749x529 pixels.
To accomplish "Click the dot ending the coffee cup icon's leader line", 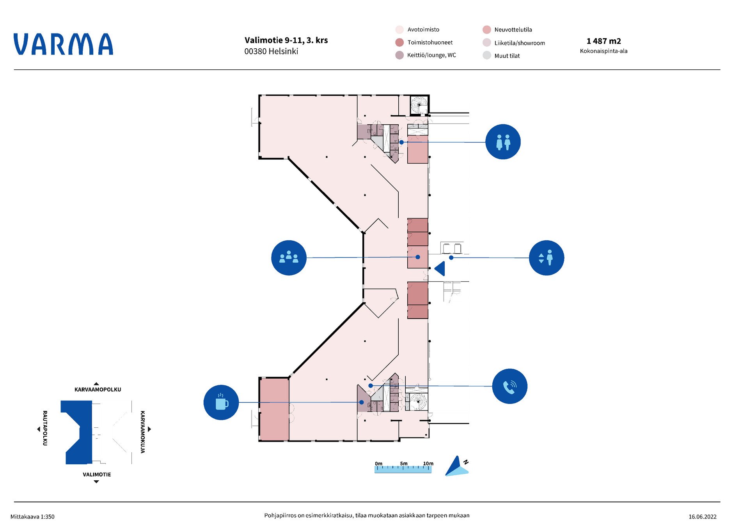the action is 362,402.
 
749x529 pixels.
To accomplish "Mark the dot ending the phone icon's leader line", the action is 371,386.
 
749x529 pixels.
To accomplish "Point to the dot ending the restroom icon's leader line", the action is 401,142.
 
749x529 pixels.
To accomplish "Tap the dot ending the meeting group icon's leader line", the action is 418,257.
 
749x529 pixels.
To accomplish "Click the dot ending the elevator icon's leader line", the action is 451,257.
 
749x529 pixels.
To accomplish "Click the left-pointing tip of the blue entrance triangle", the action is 435,269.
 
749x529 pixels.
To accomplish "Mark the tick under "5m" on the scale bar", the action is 403,468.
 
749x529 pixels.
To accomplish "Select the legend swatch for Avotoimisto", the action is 399,30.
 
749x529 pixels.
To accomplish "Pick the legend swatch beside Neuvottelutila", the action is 486,30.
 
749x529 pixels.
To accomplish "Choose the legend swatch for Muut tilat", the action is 486,55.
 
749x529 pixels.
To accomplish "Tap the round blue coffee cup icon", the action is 221,402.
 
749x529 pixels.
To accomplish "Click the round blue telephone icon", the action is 510,386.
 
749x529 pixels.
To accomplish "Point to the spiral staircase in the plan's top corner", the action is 419,105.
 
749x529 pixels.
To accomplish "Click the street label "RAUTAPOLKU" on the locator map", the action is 45,428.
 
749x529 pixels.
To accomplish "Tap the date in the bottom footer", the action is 702,517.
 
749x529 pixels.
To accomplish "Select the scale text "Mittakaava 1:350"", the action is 32,517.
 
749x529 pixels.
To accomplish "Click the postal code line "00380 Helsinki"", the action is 271,51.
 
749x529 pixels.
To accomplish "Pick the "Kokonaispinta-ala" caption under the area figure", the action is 603,51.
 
